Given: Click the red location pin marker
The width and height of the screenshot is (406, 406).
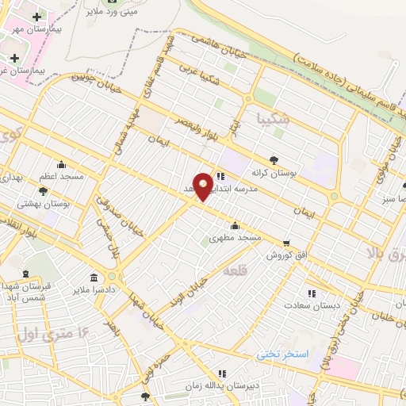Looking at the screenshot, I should tap(204, 186).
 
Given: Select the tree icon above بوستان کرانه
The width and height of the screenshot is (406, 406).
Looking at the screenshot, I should tap(274, 159).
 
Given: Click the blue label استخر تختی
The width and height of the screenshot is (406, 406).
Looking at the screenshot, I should tap(282, 354).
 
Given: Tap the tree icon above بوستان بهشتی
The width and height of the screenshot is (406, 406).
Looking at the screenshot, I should tap(43, 191).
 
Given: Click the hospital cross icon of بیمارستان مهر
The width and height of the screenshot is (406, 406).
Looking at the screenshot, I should tap(37, 17).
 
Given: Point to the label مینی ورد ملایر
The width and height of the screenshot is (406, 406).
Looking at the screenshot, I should tap(111, 12).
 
